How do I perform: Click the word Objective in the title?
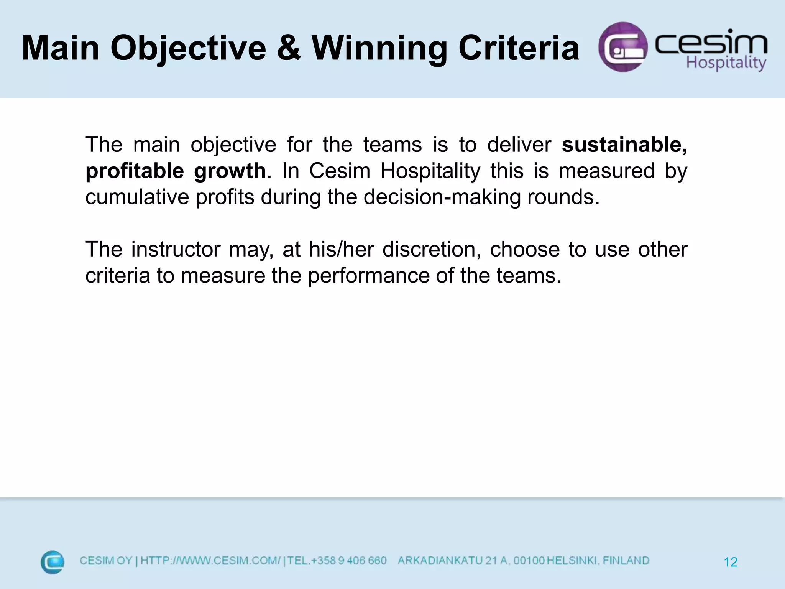[x=188, y=48]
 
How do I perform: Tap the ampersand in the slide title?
[x=288, y=48]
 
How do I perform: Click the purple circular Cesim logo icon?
[x=623, y=47]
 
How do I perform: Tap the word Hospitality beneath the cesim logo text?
[x=726, y=63]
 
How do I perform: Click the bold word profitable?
[x=135, y=171]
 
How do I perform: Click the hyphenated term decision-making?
[x=442, y=197]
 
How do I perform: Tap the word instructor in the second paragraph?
[x=176, y=250]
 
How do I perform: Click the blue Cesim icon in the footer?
[x=53, y=562]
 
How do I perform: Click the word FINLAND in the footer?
[x=626, y=561]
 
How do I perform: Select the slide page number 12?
[x=731, y=562]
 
